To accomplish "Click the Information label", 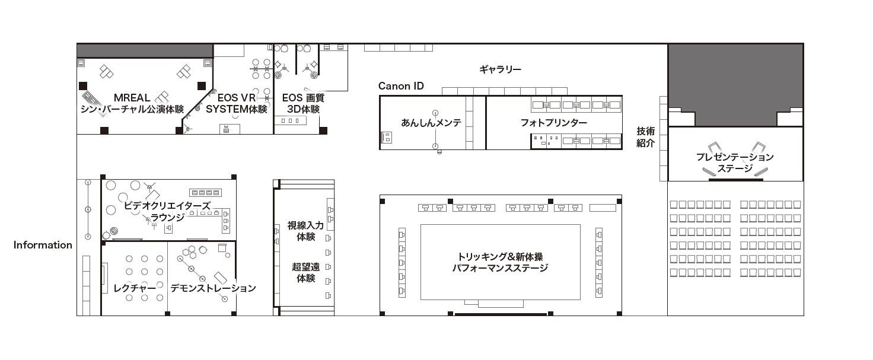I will (43, 245).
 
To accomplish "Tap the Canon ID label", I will (401, 86).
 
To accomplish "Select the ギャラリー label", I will (500, 69).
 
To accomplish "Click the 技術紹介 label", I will (645, 137).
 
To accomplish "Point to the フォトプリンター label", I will (553, 123).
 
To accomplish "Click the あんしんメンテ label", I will (431, 122).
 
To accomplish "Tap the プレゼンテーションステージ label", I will (735, 163).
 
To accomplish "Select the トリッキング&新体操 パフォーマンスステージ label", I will (500, 262).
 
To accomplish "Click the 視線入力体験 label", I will (305, 231).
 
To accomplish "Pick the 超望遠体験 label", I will (305, 272).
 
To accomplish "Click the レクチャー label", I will (135, 288).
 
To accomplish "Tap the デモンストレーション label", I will (213, 288).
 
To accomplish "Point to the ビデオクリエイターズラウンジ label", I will (167, 211).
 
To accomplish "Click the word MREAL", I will (132, 97).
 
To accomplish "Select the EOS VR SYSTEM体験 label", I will (236, 103).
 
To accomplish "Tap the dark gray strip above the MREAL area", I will (145, 50).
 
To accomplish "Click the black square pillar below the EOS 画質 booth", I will (323, 130).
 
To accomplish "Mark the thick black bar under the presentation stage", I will (735, 180).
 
